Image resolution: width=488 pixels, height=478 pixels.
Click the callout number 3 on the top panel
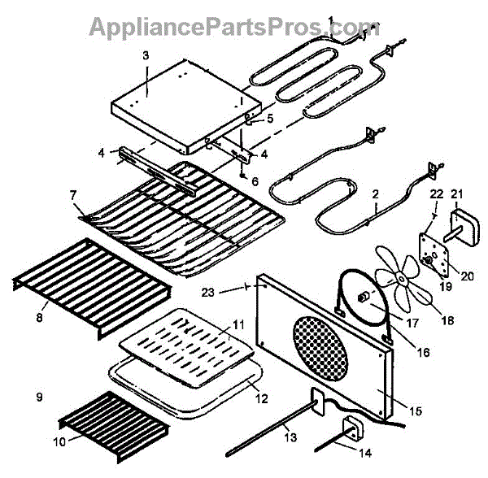pos(145,55)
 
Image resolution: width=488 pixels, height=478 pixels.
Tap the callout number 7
pos(72,195)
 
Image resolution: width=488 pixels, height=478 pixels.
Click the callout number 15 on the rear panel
pos(416,412)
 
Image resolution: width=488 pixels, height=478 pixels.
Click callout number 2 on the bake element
pos(375,195)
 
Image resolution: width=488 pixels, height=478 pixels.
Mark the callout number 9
pos(38,398)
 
